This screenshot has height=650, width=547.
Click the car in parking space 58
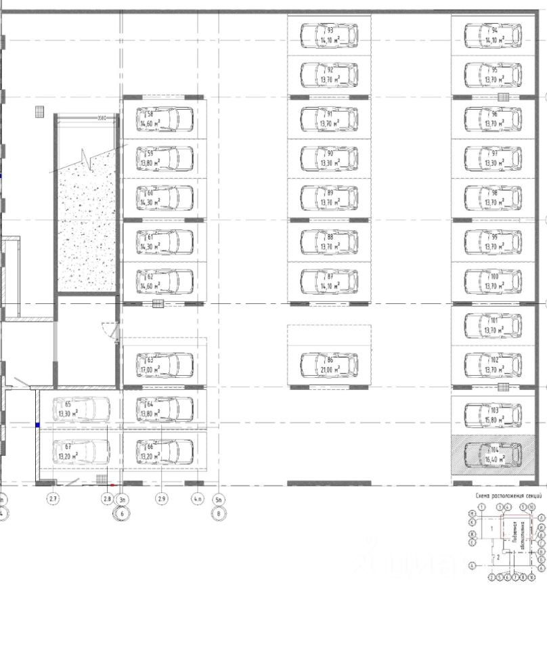click(165, 118)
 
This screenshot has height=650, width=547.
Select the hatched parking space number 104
click(493, 452)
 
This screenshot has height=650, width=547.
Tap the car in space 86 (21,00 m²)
click(329, 364)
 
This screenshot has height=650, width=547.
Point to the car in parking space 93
click(329, 35)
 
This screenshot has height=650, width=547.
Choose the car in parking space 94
click(494, 35)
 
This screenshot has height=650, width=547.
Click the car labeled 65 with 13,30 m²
click(81, 408)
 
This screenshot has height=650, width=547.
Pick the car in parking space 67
click(81, 451)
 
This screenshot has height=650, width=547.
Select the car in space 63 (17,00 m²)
click(165, 365)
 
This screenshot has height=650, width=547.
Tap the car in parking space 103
click(494, 414)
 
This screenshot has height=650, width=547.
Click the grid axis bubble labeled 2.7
click(53, 499)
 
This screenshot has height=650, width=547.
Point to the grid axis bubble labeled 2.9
click(162, 499)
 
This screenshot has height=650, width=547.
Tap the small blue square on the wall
click(38, 425)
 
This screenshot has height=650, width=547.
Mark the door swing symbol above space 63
click(110, 330)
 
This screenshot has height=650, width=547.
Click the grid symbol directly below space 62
click(158, 303)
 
